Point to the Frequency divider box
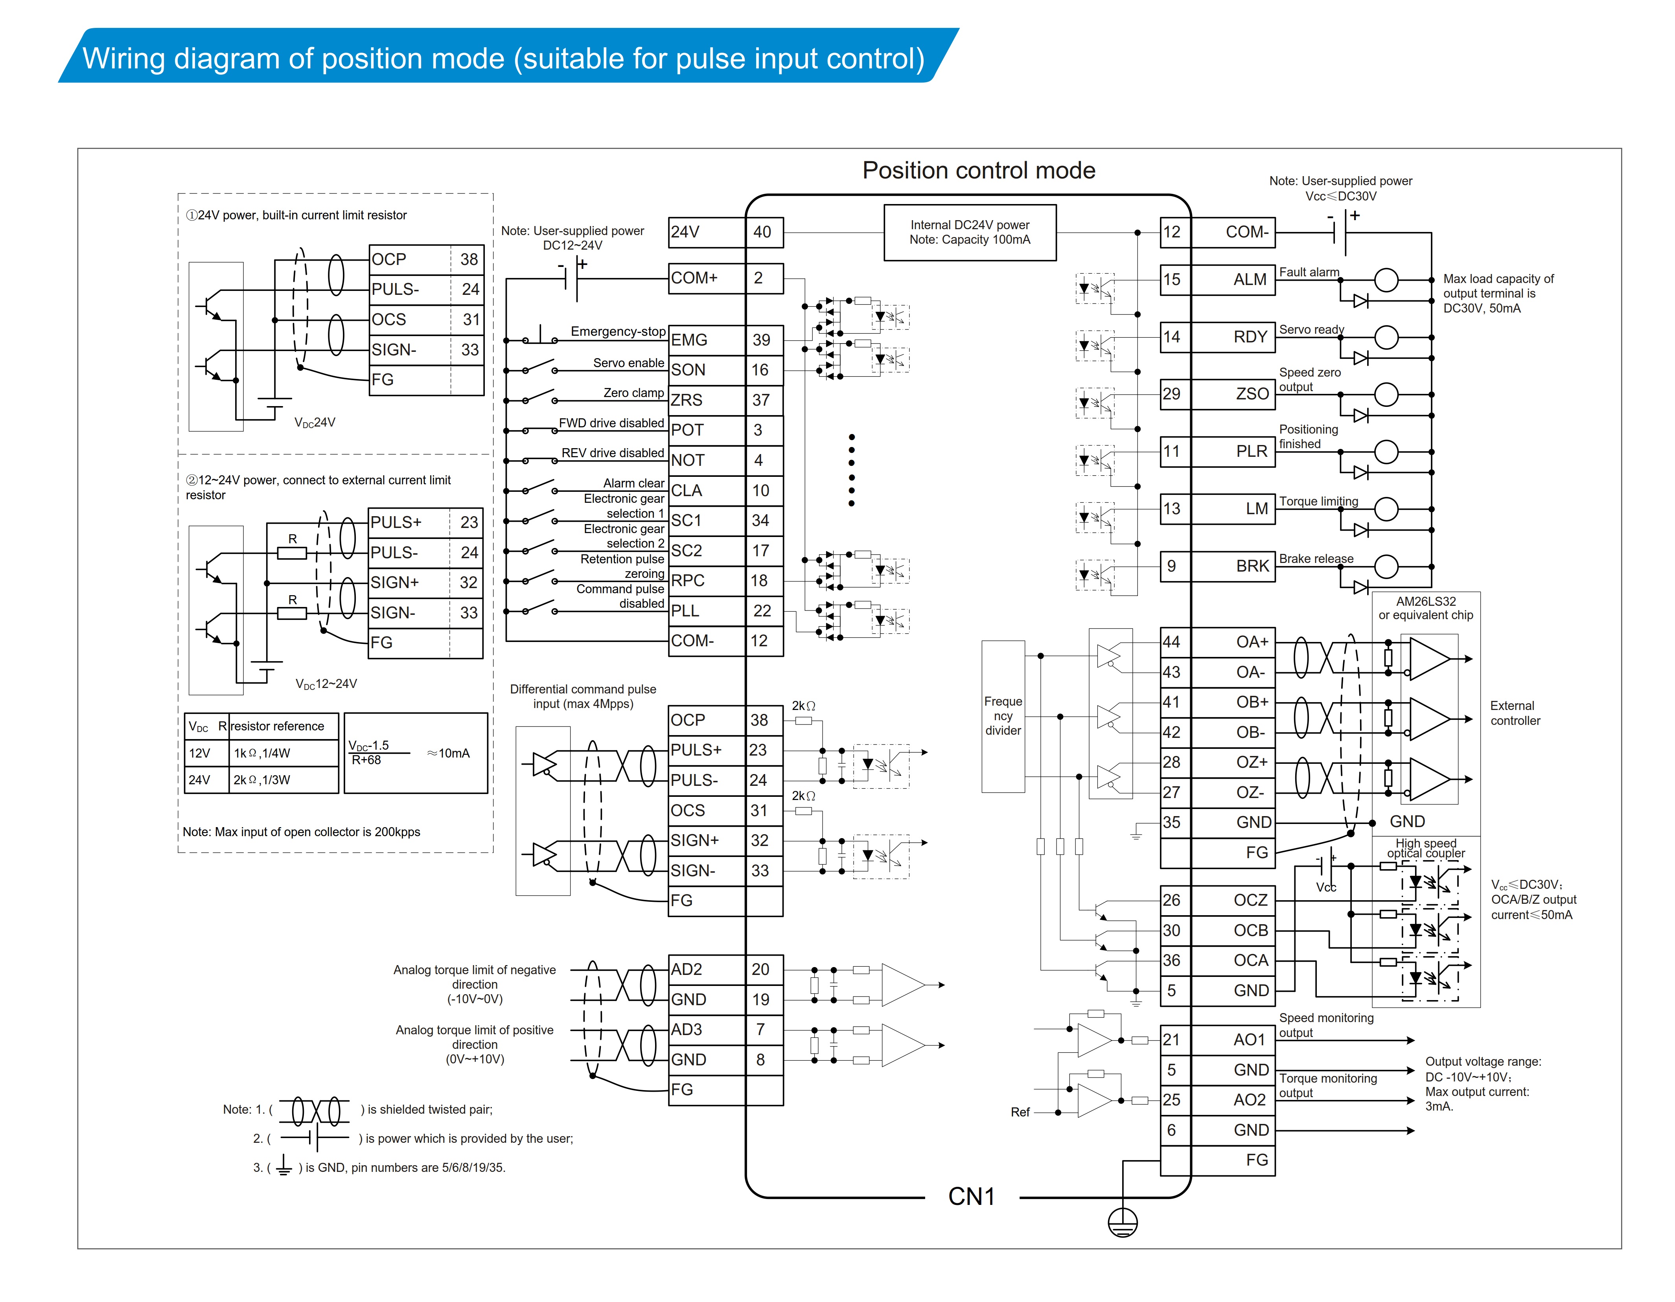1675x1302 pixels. (1003, 716)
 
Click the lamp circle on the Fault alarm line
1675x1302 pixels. (1386, 280)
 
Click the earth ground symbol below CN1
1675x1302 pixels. (1123, 1222)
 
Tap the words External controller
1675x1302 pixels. (1515, 713)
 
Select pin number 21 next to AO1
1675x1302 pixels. (1171, 1040)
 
